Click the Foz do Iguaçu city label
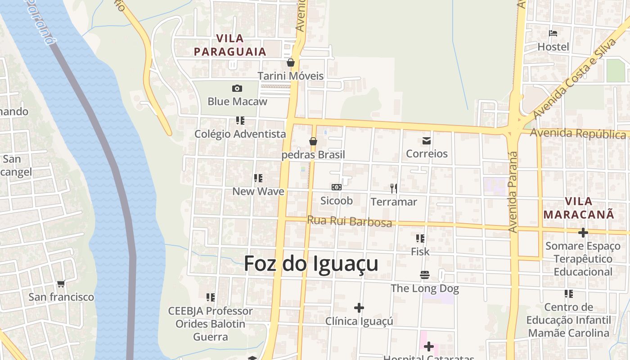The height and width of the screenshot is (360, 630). [x=311, y=264]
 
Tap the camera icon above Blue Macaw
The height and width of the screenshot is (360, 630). [x=237, y=89]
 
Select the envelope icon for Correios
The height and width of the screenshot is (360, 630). [x=427, y=141]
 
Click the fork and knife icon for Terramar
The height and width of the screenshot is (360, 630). [x=394, y=189]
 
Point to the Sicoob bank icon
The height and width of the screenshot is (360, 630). [x=336, y=187]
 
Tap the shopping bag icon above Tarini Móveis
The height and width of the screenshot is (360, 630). [x=291, y=63]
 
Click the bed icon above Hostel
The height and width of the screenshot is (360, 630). [x=553, y=33]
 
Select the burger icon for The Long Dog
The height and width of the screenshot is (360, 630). [x=425, y=274]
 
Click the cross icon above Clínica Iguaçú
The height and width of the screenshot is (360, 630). [x=359, y=308]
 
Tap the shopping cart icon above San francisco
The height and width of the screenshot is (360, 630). [x=61, y=283]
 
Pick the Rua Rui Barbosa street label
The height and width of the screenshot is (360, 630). [x=349, y=221]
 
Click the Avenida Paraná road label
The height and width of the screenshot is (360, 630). [x=513, y=192]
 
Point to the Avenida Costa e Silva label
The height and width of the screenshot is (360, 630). [x=574, y=79]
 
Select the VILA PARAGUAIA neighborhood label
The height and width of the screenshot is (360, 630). [x=230, y=45]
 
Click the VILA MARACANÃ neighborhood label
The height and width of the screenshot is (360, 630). [x=579, y=208]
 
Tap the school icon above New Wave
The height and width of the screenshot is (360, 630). [x=258, y=178]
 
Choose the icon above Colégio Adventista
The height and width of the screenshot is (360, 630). [x=240, y=121]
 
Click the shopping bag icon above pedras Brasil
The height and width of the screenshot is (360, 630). [x=313, y=141]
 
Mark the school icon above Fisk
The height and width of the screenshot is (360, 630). [x=420, y=238]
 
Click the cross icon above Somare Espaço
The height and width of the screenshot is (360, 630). [x=583, y=233]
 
